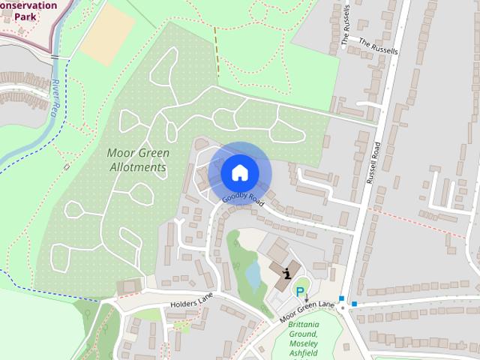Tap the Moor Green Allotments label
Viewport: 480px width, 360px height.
(x=138, y=160)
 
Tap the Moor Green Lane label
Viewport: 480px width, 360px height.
(x=307, y=310)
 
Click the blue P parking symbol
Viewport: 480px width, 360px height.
(x=301, y=292)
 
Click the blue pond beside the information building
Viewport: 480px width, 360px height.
(x=253, y=275)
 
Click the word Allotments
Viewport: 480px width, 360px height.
(x=137, y=167)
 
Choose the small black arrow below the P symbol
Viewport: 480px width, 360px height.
(x=306, y=300)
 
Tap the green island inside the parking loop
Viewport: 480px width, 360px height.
(x=301, y=283)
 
